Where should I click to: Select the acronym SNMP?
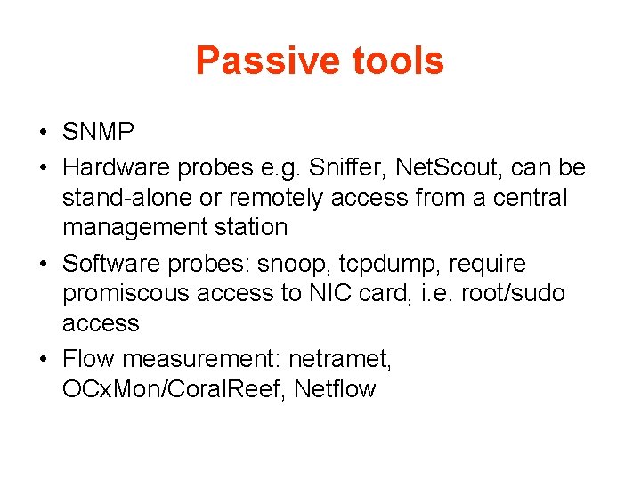[x=99, y=134]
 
